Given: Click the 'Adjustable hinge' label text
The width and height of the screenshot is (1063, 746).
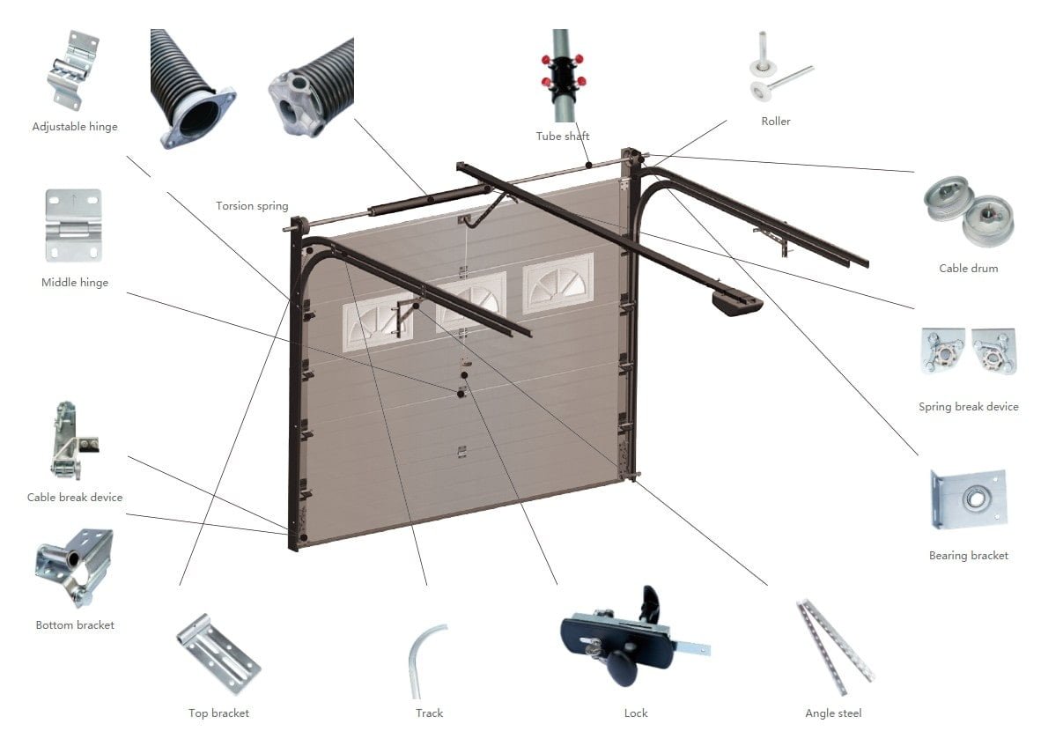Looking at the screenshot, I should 75,127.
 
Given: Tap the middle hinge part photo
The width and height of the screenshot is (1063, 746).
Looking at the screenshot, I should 73,225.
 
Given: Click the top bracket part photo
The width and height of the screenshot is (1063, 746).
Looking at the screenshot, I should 218,654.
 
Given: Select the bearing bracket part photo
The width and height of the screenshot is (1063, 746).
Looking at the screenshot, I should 968,499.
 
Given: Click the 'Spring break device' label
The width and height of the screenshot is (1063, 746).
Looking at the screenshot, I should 968,407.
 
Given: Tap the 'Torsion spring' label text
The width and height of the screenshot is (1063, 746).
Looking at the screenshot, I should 252,206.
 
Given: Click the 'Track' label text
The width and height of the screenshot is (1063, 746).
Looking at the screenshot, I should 430,713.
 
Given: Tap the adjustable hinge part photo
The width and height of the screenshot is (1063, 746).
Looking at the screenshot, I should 72,70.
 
